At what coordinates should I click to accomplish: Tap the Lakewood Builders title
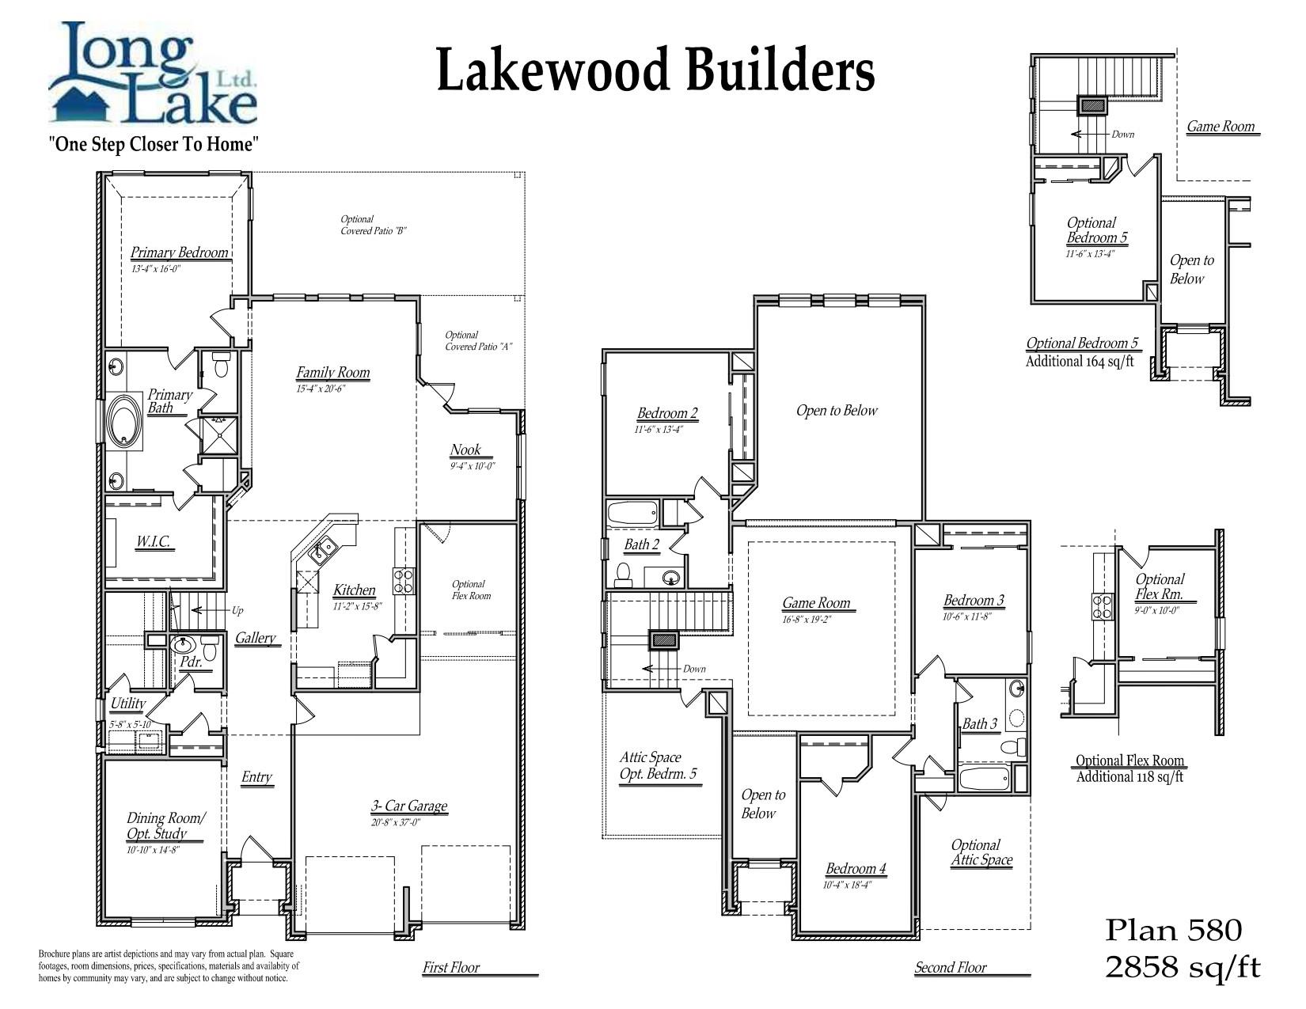click(655, 70)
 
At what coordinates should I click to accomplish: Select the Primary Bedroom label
click(180, 252)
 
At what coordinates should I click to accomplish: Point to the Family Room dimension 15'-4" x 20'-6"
click(321, 389)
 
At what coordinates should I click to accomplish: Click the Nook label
click(465, 450)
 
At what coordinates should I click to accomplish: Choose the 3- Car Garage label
click(409, 806)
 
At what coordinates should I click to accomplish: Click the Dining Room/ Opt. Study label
click(165, 825)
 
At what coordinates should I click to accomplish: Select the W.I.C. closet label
click(154, 542)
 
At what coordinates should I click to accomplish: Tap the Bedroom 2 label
click(667, 414)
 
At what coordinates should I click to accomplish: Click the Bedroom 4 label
click(856, 869)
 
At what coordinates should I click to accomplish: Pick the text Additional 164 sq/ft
click(1080, 362)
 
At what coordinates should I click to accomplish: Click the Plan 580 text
click(1173, 931)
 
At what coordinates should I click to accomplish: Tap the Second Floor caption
click(951, 967)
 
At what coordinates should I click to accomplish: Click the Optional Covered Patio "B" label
click(374, 225)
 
